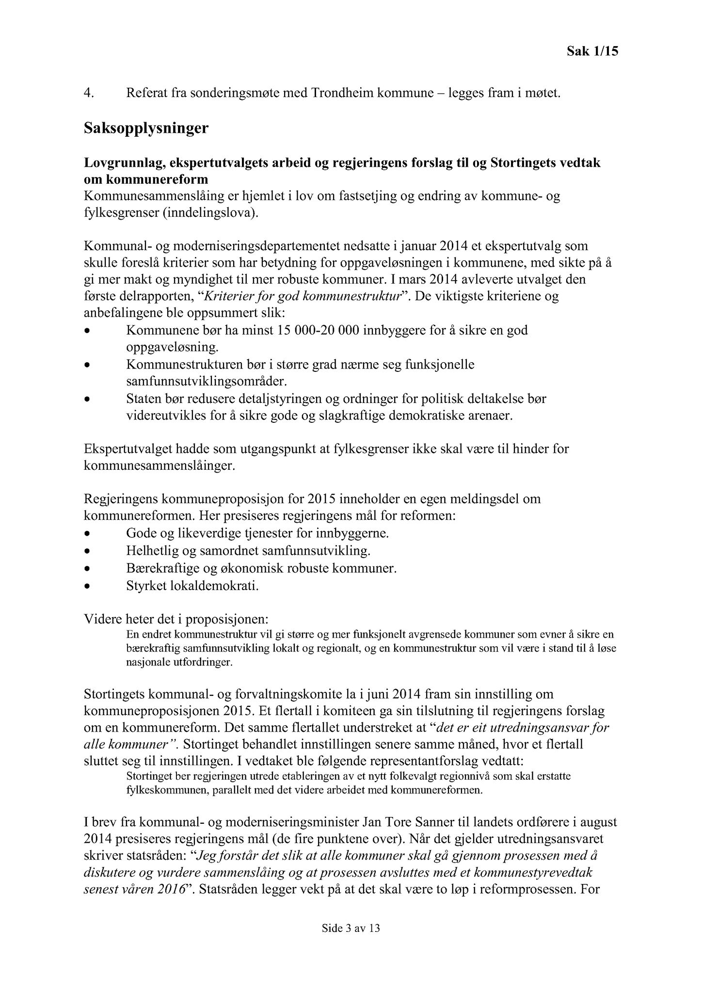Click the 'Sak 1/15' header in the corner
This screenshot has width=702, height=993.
click(x=592, y=51)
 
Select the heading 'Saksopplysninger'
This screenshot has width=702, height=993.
click(x=146, y=128)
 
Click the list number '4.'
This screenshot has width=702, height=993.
click(x=88, y=93)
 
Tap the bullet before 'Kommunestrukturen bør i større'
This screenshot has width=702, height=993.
click(x=87, y=366)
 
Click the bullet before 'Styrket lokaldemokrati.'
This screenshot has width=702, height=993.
click(x=87, y=587)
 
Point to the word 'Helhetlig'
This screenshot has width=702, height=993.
click(x=149, y=551)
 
